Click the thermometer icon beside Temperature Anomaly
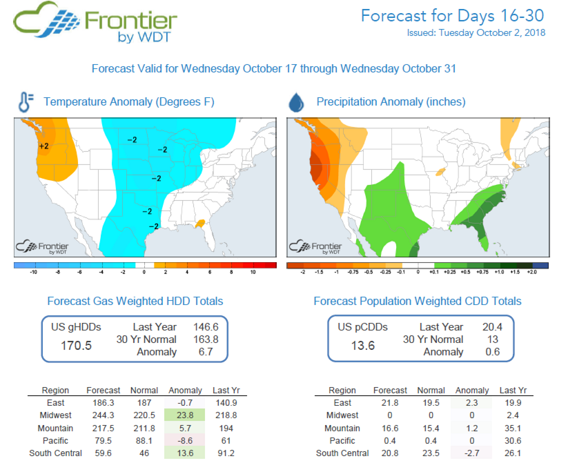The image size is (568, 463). click(25, 102)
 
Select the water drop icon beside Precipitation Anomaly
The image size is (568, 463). click(296, 103)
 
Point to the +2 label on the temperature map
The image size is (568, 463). click(43, 146)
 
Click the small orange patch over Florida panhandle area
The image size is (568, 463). click(200, 223)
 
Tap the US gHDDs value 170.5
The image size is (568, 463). click(77, 345)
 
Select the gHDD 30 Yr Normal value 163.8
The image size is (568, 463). click(206, 339)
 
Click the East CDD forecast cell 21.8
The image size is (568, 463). click(390, 403)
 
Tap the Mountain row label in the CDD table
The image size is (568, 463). click(342, 428)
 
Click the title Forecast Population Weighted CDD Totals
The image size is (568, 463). click(417, 301)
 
